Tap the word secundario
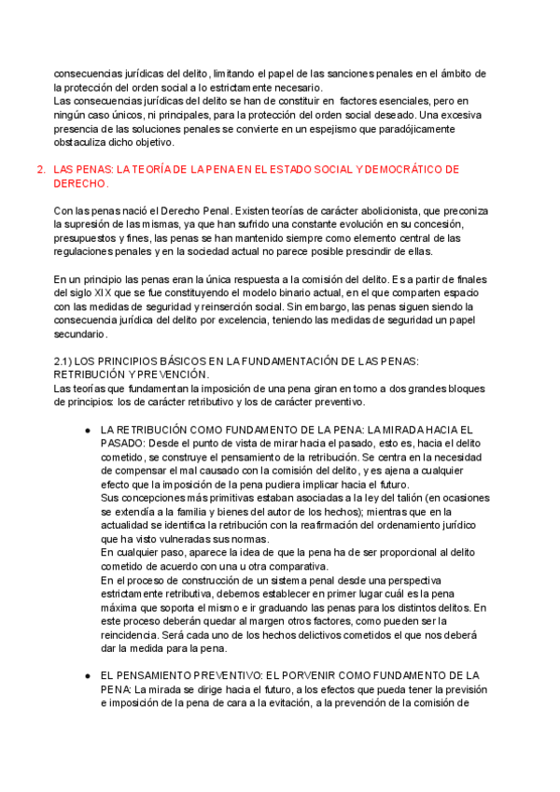(81, 333)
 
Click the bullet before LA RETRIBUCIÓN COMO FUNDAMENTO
(87, 430)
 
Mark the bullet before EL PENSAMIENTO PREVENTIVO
(87, 675)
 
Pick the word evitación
(292, 703)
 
